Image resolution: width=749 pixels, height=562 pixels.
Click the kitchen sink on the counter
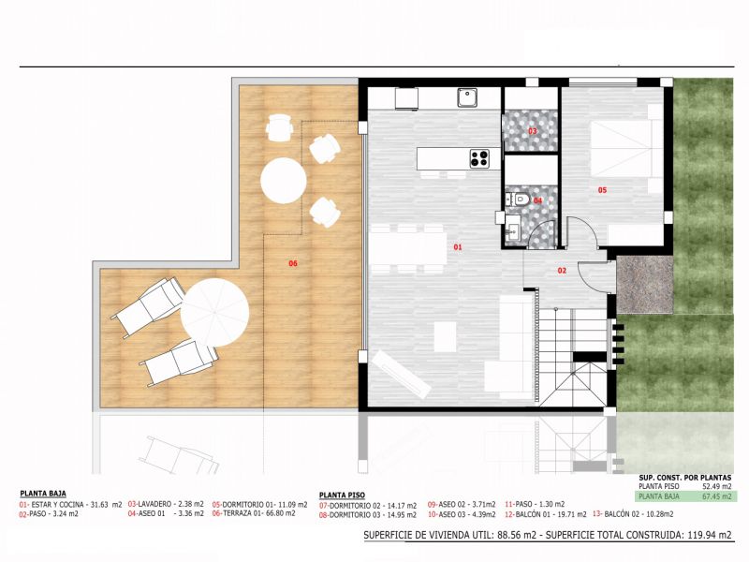tap(466, 97)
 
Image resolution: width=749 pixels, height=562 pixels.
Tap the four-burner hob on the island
tap(479, 158)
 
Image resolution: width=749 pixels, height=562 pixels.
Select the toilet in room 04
tap(520, 200)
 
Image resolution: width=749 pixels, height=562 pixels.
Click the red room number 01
tap(458, 247)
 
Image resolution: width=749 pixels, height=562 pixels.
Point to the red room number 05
tap(602, 190)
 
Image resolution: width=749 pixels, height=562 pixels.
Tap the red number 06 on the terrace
tap(293, 263)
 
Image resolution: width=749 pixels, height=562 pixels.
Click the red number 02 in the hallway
tap(562, 271)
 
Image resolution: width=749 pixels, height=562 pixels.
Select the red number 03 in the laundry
tap(532, 131)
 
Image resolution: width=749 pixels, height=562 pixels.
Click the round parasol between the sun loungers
tap(214, 313)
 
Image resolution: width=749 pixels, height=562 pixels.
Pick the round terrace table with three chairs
tap(284, 181)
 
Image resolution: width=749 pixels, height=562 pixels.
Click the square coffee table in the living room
tap(446, 336)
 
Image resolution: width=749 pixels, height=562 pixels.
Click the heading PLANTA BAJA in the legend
tap(43, 494)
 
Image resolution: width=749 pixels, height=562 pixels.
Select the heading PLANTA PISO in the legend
tap(342, 495)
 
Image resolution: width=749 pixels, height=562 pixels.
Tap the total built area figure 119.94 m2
tap(710, 535)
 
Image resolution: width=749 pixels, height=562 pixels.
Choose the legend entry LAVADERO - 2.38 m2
tap(166, 504)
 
